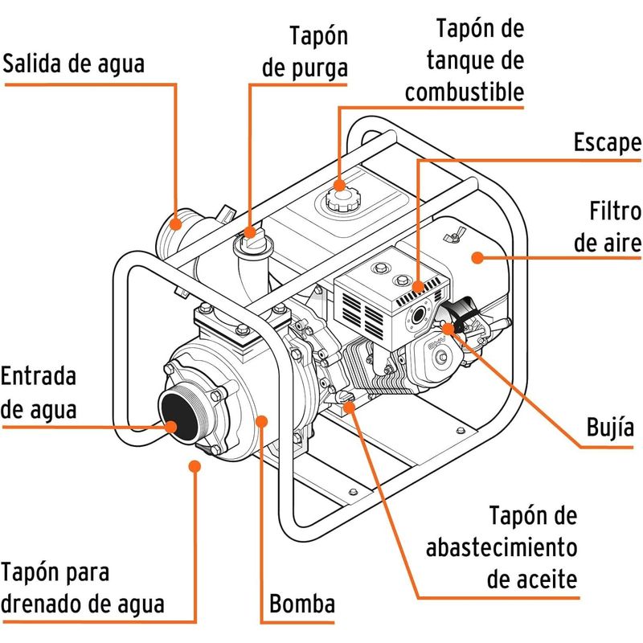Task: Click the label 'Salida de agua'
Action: [74, 63]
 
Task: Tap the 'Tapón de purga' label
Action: [305, 51]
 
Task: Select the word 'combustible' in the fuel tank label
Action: [465, 92]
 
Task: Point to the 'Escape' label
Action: [607, 143]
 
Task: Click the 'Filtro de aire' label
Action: [607, 227]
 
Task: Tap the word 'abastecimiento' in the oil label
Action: [502, 547]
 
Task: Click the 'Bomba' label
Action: [301, 604]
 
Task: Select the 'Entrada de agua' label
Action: [39, 392]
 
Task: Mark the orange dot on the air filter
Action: [476, 257]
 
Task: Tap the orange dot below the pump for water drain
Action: [193, 464]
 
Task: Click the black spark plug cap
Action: [457, 315]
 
